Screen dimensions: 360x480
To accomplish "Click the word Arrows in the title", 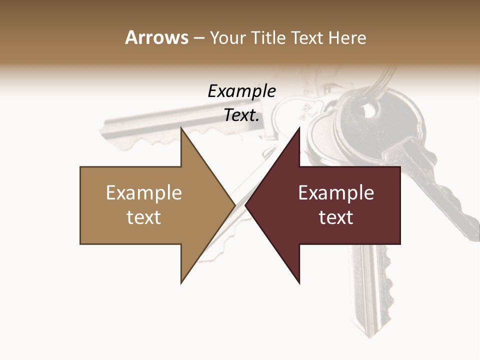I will (x=156, y=37).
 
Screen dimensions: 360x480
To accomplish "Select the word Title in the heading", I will (x=268, y=37).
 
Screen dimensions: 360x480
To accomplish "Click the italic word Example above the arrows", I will (x=241, y=91).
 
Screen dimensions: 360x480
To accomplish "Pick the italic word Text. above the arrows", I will (x=241, y=115).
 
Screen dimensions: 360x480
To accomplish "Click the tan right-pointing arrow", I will (x=150, y=205).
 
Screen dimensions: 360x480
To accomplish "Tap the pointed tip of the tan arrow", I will (x=233, y=205).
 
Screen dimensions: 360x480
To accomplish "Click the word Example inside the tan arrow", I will (x=143, y=193).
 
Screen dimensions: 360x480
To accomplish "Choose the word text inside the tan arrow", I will (x=143, y=217).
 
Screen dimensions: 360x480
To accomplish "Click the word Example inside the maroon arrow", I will (x=336, y=193).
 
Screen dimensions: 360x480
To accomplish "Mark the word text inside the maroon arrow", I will (x=336, y=217).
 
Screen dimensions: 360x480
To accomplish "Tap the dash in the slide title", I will (x=198, y=38).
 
